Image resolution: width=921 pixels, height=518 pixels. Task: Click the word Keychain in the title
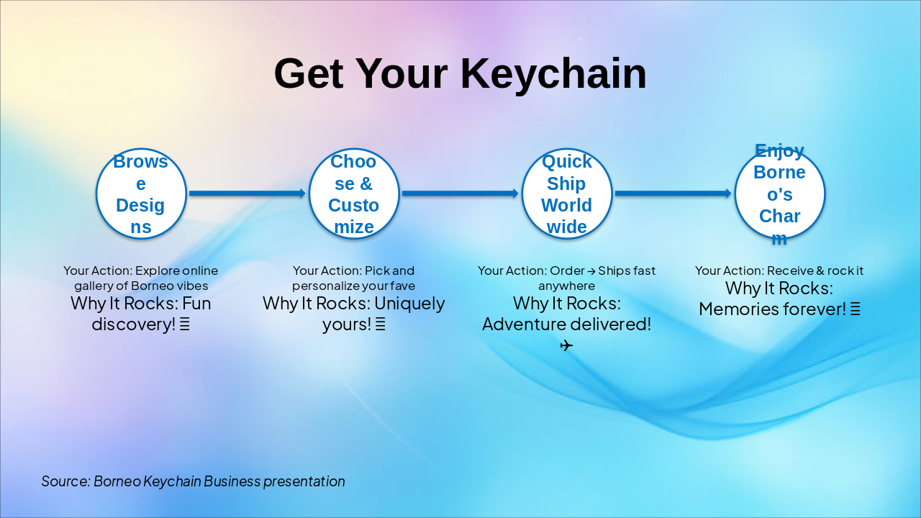click(x=553, y=74)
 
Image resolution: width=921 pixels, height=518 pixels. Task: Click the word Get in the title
click(x=309, y=74)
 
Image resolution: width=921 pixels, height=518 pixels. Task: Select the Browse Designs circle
click(x=141, y=194)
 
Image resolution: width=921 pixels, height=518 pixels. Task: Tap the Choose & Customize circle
click(x=353, y=194)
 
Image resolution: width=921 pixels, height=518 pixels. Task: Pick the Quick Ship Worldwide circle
click(x=566, y=194)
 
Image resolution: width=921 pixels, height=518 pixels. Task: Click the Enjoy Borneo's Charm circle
click(x=779, y=194)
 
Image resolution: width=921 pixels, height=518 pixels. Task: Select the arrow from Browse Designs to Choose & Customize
click(x=248, y=194)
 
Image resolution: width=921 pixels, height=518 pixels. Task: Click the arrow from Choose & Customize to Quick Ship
click(x=460, y=194)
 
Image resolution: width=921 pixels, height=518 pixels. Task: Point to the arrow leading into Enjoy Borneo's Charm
click(x=673, y=194)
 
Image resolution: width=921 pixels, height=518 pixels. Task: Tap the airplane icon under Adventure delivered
click(x=566, y=345)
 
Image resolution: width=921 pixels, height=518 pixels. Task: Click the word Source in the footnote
click(x=65, y=481)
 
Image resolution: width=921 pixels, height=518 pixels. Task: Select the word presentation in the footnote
click(x=304, y=481)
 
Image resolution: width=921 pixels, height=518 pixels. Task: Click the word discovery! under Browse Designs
click(x=134, y=324)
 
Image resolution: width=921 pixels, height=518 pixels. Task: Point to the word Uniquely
click(x=409, y=304)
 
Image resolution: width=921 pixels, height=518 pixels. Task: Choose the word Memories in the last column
click(x=735, y=309)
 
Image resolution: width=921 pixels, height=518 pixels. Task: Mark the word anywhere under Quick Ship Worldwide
click(x=566, y=286)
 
